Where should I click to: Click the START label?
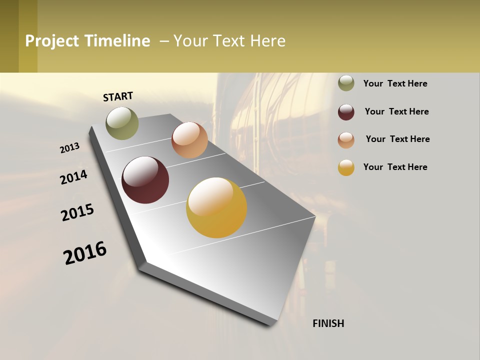[x=118, y=96]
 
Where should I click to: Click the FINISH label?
[x=328, y=323]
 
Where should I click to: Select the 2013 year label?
[x=70, y=147]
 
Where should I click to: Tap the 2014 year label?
[x=73, y=177]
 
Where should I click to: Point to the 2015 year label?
[x=77, y=212]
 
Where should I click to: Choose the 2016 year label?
[x=85, y=253]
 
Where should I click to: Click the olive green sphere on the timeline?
[x=122, y=123]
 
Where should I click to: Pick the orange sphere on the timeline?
[x=189, y=140]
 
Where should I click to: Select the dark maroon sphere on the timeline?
[x=145, y=180]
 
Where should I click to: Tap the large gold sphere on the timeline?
[x=216, y=207]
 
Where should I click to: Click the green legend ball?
[x=346, y=83]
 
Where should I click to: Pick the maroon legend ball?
[x=346, y=112]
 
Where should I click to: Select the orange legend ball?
[x=346, y=140]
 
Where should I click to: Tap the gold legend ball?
[x=346, y=167]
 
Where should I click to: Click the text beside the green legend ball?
[x=395, y=83]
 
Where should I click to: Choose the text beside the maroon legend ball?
[x=396, y=111]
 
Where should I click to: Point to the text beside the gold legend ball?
[x=395, y=167]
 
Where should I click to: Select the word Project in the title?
[x=52, y=41]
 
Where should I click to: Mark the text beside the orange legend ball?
[x=397, y=139]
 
